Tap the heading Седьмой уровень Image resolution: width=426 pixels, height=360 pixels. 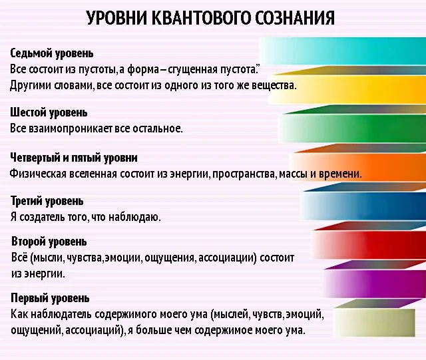52,53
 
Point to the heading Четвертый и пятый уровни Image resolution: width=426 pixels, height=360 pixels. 74,158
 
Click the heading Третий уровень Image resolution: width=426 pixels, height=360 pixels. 47,200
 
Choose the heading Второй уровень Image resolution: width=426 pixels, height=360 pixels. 49,241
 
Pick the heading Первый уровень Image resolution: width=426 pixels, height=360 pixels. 50,297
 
